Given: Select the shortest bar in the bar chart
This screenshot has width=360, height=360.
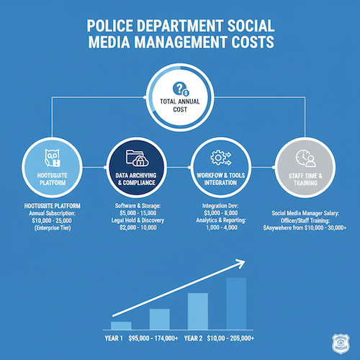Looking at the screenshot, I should pos(121,325).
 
